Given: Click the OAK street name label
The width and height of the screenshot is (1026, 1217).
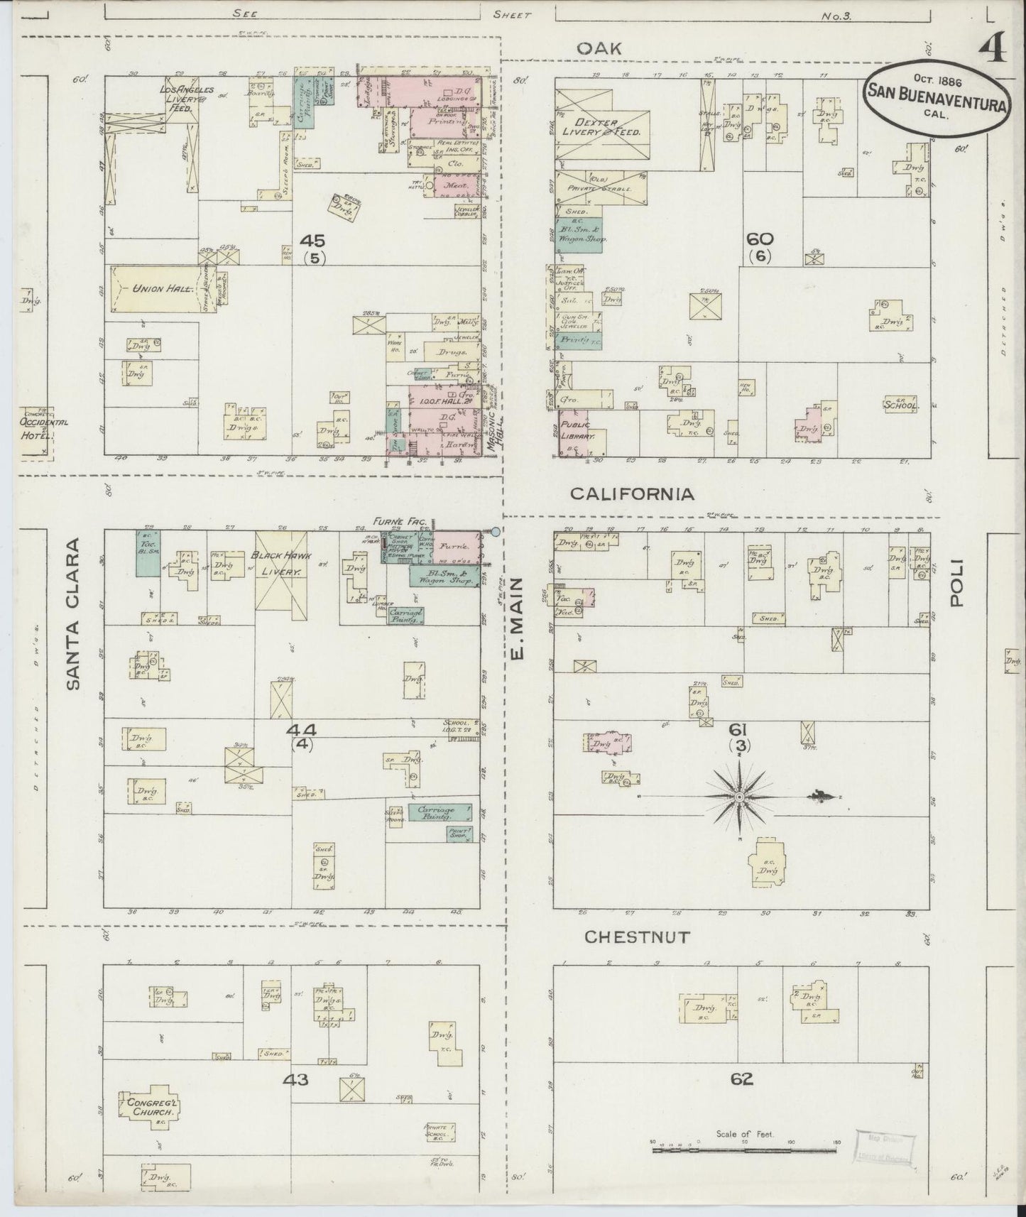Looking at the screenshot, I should [599, 48].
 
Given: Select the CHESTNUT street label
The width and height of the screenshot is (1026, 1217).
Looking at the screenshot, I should [636, 937].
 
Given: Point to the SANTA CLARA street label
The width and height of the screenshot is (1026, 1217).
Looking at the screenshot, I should [74, 613].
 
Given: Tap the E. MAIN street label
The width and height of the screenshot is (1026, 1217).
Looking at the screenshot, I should [517, 617].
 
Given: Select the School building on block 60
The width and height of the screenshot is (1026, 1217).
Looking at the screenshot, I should [901, 405].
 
